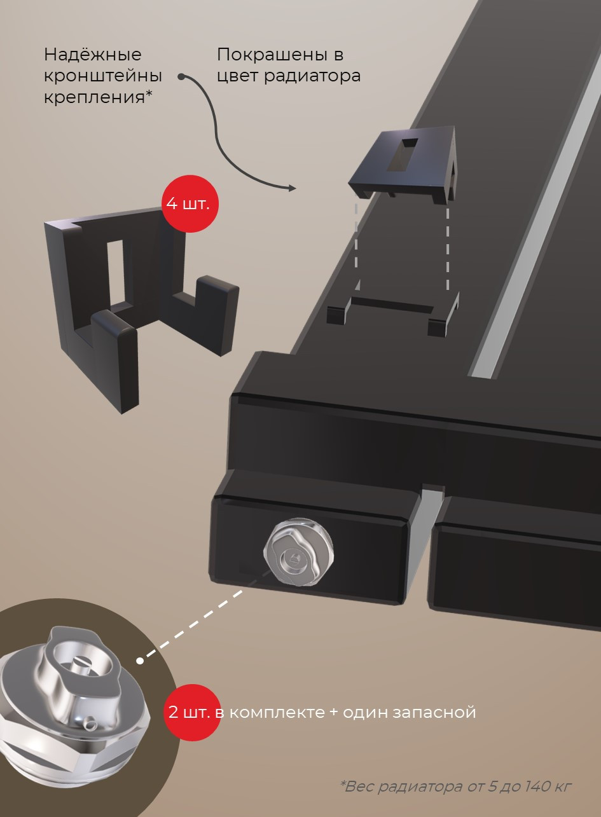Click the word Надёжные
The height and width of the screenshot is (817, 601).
[x=93, y=55]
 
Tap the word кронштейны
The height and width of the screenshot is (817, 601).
[x=103, y=76]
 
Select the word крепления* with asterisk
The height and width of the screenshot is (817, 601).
[x=98, y=97]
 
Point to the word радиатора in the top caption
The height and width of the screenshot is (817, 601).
[x=312, y=76]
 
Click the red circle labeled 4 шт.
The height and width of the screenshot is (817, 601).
[x=189, y=203]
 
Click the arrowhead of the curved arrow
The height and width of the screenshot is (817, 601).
[x=292, y=188]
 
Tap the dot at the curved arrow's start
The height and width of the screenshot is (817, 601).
[x=181, y=76]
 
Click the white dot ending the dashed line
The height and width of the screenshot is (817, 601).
[x=140, y=661]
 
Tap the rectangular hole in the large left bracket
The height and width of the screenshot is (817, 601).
[x=116, y=273]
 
